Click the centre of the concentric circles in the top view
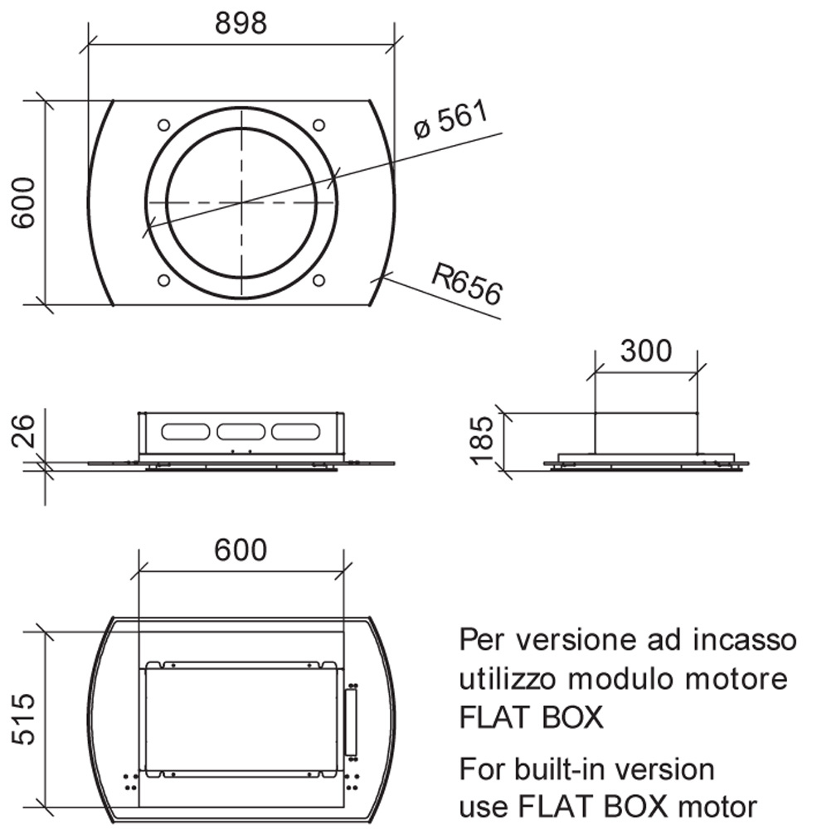[242, 202]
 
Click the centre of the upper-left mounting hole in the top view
[164, 125]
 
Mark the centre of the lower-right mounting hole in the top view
[319, 280]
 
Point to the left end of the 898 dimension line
[89, 45]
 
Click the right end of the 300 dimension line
[698, 372]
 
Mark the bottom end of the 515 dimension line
[45, 807]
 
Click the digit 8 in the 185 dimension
[483, 441]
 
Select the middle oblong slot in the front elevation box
[241, 431]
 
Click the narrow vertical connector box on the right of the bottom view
[350, 722]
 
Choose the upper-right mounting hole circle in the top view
[319, 125]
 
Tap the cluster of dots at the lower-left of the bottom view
[131, 782]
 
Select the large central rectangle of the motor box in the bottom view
[241, 719]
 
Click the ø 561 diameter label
[451, 120]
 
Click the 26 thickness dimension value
[24, 431]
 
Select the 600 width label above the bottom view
[241, 550]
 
